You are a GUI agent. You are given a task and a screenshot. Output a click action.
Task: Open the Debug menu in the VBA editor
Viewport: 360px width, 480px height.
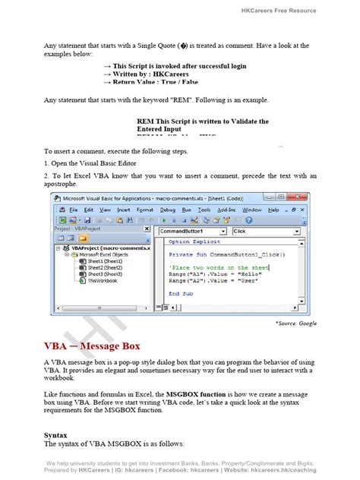tap(168, 210)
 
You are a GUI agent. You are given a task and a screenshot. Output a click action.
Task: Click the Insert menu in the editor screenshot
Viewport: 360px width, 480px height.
tap(124, 210)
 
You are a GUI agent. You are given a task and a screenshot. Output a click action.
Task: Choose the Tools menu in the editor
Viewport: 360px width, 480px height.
tap(204, 210)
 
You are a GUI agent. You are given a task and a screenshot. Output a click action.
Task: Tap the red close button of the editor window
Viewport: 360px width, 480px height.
tap(307, 198)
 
